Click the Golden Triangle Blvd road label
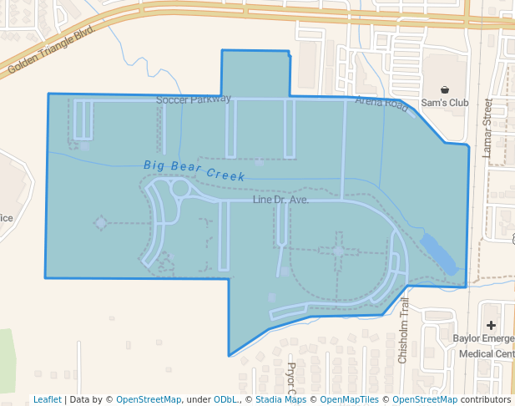[49, 54]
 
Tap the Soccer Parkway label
[193, 99]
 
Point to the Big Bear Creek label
[194, 170]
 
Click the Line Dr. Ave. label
[280, 200]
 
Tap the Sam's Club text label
[445, 103]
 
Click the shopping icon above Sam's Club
[445, 89]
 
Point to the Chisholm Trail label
[403, 330]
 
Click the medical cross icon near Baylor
[491, 325]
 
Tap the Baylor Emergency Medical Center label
[484, 346]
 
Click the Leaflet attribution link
[47, 399]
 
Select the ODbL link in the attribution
[226, 399]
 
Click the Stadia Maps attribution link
[280, 399]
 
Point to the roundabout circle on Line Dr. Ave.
[180, 188]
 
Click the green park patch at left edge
[7, 359]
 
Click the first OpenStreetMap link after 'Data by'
[148, 399]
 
